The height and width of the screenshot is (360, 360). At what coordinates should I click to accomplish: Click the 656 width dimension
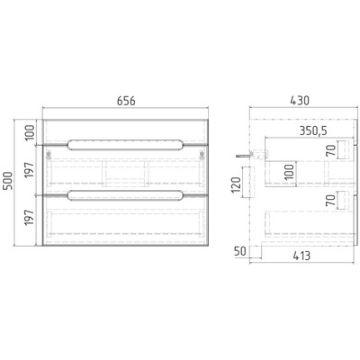tap(126, 101)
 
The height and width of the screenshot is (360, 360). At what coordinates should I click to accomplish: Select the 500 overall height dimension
tap(8, 180)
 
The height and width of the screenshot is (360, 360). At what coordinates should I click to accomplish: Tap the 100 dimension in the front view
tap(30, 132)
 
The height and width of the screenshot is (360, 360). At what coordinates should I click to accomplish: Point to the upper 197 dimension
tap(30, 170)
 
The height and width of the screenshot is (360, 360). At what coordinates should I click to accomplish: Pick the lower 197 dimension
tap(30, 218)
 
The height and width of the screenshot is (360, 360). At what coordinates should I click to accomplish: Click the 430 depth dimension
tap(300, 101)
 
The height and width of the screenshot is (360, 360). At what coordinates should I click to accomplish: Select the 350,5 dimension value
tap(313, 130)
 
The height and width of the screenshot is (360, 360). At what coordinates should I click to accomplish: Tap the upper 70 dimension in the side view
tap(330, 150)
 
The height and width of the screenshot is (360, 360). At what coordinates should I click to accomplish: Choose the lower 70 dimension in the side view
tap(330, 200)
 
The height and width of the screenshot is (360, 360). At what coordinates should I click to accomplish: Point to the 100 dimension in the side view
tap(290, 172)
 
